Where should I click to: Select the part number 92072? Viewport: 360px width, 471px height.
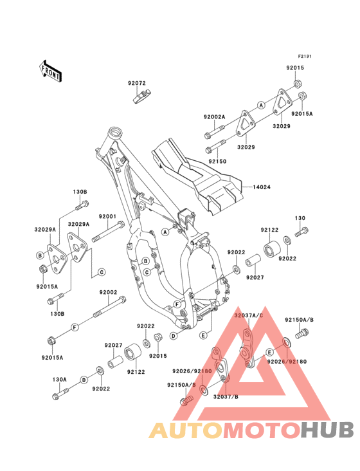point(136,83)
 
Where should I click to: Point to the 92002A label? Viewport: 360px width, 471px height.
point(197,116)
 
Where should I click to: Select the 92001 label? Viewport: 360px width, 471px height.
point(107,216)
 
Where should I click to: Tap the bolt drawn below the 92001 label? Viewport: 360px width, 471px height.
point(109,231)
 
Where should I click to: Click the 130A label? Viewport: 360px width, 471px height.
point(60,379)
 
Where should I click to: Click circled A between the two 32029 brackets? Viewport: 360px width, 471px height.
point(261,104)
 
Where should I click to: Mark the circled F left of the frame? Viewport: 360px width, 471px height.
point(75,327)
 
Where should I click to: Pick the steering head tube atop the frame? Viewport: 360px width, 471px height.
point(115,133)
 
